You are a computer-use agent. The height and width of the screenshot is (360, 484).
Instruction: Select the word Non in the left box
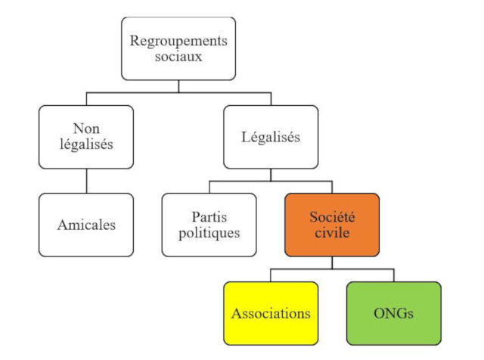(x=87, y=129)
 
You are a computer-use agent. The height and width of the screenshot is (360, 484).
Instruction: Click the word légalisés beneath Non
(x=87, y=145)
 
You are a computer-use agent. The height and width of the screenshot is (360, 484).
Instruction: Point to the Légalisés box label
(x=271, y=137)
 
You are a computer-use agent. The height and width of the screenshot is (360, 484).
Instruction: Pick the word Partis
(x=209, y=216)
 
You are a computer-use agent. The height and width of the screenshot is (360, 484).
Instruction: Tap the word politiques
(x=209, y=232)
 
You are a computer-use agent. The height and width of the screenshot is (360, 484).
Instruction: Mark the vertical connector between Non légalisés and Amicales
(x=87, y=181)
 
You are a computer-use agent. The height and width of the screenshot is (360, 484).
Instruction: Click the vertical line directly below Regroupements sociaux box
(x=178, y=86)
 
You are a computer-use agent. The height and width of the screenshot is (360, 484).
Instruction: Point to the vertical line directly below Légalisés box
(x=271, y=175)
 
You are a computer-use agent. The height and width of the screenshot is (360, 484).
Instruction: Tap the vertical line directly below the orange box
(x=332, y=262)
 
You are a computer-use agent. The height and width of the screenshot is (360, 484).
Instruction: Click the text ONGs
(x=393, y=312)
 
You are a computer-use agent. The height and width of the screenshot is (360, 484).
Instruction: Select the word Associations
(x=271, y=312)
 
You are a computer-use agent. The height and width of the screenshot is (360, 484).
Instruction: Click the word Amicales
(x=87, y=225)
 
